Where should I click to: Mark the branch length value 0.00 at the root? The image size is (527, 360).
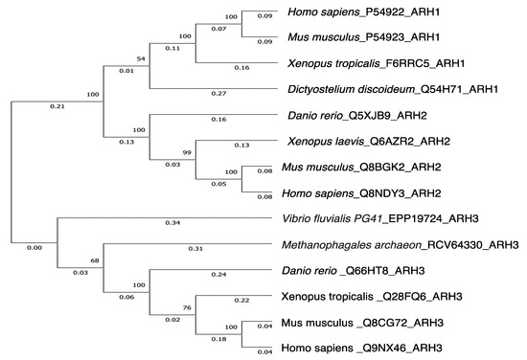coord(34,249)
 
